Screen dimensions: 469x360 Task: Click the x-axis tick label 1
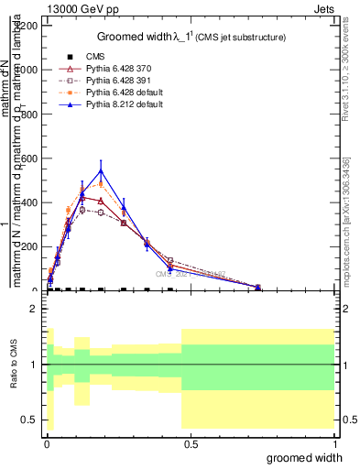point(335,445)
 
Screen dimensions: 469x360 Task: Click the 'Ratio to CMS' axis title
point(13,365)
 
